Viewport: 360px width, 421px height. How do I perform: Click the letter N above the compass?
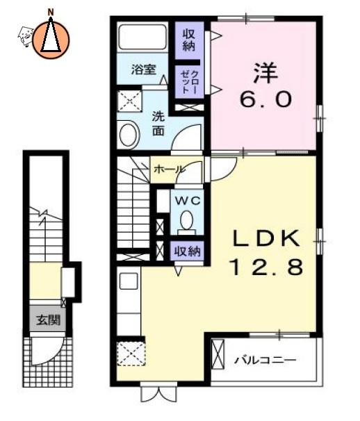pos(50,12)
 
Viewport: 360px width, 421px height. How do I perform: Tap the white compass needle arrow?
pos(51,34)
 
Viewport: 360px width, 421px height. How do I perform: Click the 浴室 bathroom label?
pos(143,69)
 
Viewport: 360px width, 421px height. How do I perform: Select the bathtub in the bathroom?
pos(142,38)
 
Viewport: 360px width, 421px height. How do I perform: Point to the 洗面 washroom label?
pos(158,124)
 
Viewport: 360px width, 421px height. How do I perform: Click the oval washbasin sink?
pos(129,135)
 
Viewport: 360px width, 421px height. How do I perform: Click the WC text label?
pos(188,200)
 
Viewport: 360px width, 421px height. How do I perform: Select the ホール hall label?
pos(170,169)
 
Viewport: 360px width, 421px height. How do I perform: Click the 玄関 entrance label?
pos(48,320)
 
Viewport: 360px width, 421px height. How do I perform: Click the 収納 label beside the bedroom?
pos(189,40)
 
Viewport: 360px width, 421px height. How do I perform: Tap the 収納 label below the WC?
pos(188,251)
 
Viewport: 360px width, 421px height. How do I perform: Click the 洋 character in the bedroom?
pos(265,73)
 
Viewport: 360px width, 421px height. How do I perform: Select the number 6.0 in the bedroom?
pos(265,99)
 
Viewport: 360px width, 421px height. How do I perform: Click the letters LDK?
pos(266,238)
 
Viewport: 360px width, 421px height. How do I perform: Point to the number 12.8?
pos(267,267)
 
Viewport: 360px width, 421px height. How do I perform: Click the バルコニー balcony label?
pos(265,360)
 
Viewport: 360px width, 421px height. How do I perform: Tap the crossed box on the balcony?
pos(218,354)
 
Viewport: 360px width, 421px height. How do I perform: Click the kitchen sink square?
pos(129,281)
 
